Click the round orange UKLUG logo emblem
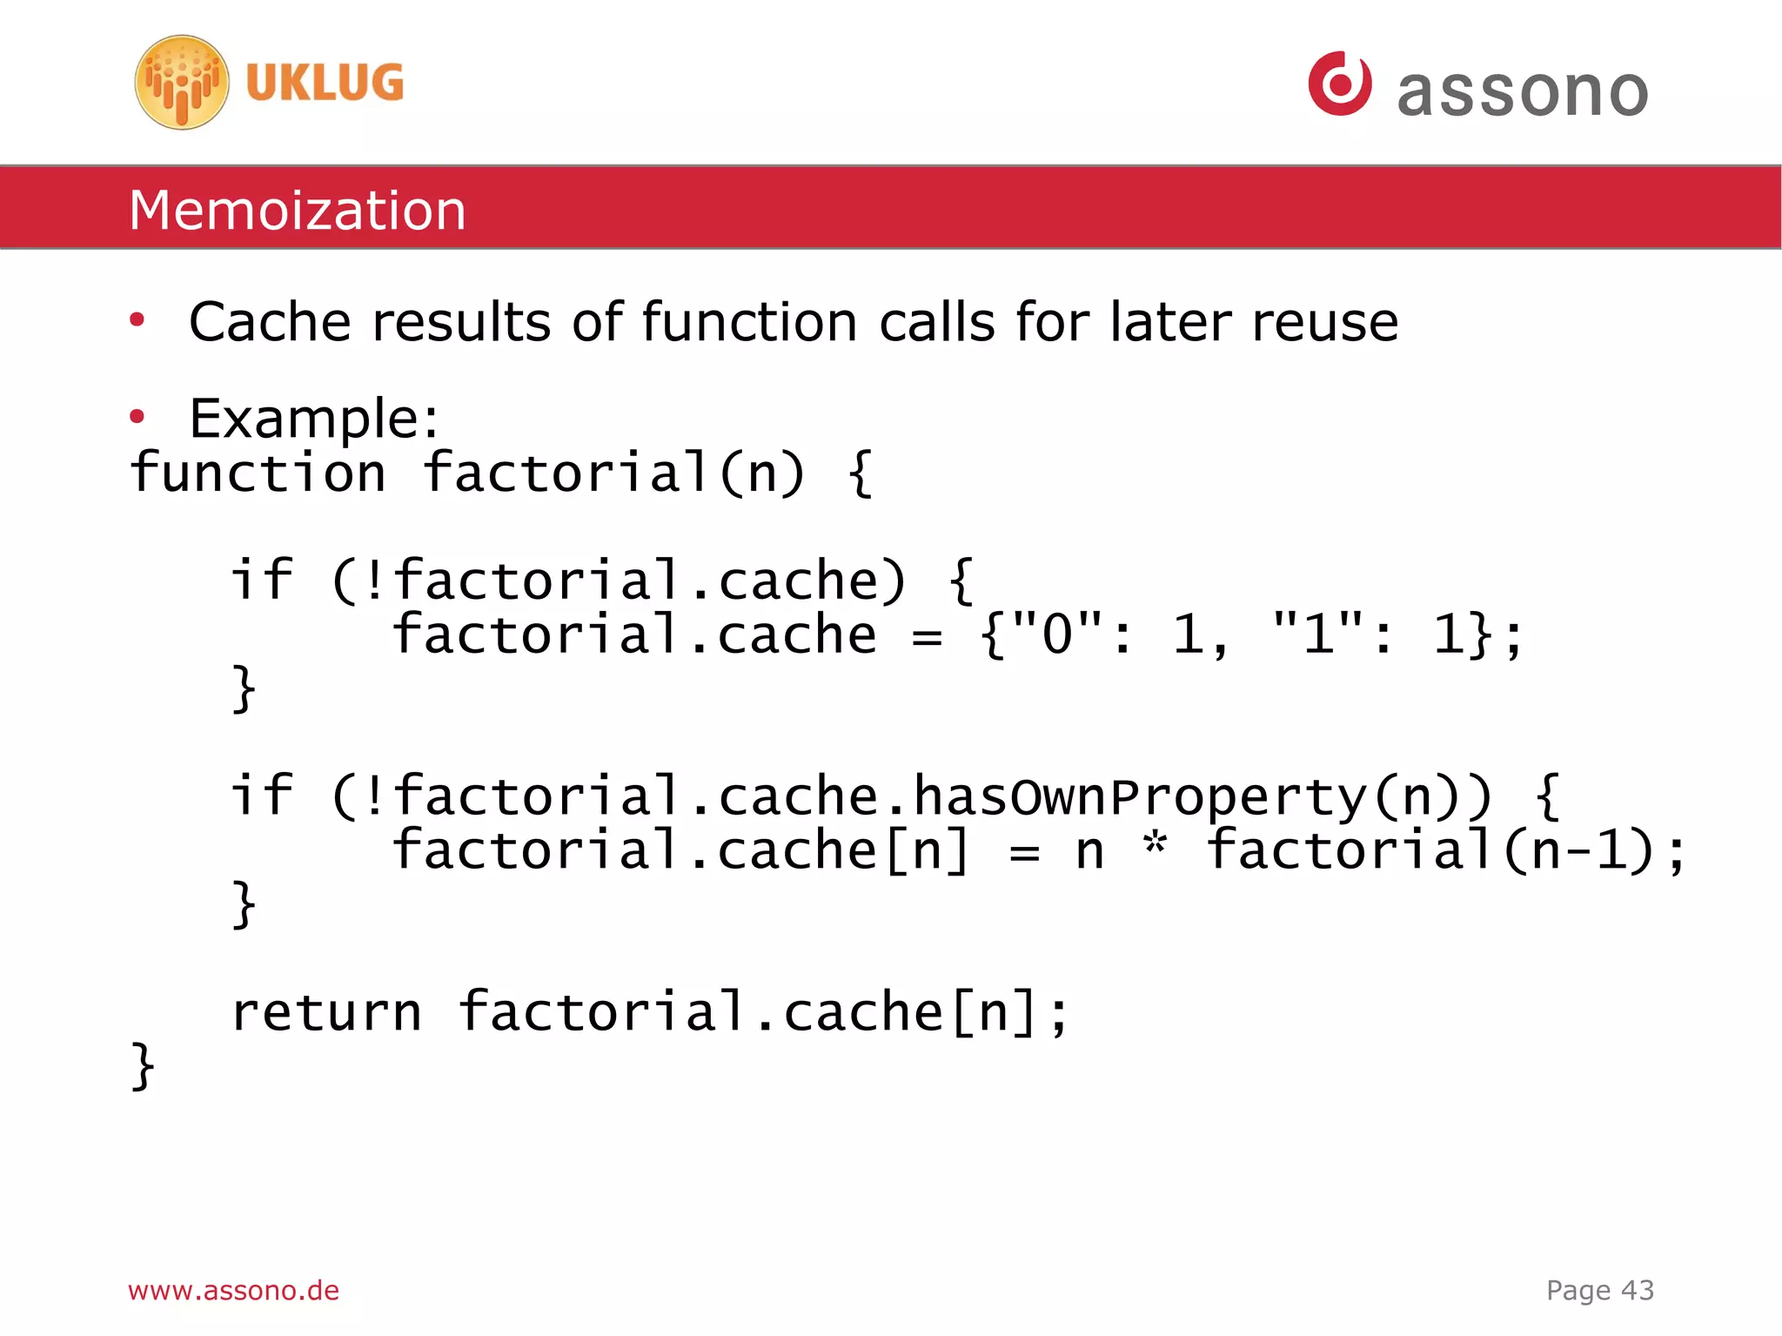182,83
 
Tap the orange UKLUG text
325,84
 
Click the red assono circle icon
1339,84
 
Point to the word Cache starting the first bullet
269,322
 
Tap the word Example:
314,418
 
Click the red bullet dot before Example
137,417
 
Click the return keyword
326,1012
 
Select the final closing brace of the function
143,1066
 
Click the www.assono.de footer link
233,1290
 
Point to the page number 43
1637,1290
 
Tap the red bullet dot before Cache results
137,321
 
